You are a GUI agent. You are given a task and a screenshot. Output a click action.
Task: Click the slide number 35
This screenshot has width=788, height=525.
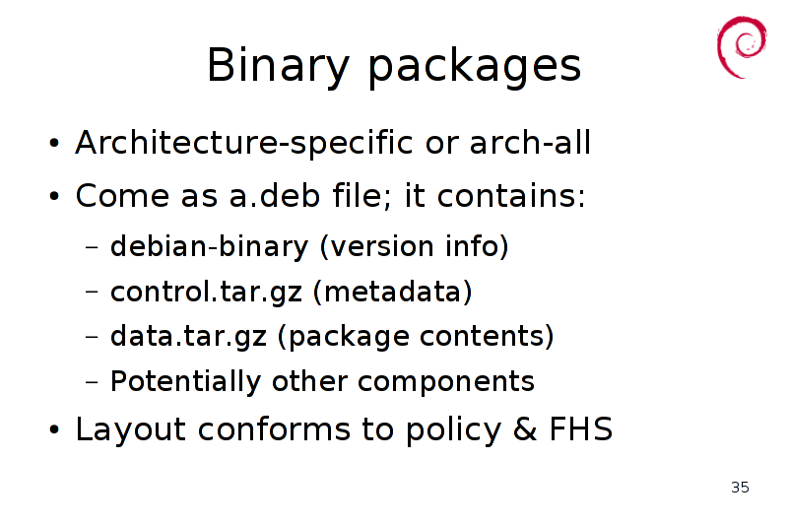pyautogui.click(x=741, y=487)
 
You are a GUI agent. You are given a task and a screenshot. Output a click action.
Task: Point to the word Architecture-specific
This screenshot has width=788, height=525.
pyautogui.click(x=244, y=144)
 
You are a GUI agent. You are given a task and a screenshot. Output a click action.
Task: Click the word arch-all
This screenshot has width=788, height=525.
pyautogui.click(x=530, y=143)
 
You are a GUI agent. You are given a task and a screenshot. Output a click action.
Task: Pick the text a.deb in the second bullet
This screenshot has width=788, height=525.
pyautogui.click(x=275, y=195)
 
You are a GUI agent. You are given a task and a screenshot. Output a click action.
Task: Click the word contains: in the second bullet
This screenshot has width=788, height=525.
pyautogui.click(x=511, y=195)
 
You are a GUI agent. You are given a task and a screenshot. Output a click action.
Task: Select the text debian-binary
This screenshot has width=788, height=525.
pyautogui.click(x=209, y=247)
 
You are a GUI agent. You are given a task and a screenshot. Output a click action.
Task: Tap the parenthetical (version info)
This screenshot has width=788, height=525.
pyautogui.click(x=415, y=246)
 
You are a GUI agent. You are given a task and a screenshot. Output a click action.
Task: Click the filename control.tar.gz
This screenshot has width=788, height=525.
pyautogui.click(x=207, y=293)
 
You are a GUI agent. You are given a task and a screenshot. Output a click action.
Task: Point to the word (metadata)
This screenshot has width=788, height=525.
pyautogui.click(x=392, y=292)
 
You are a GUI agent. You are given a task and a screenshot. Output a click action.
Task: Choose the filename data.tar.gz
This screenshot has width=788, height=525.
pyautogui.click(x=188, y=337)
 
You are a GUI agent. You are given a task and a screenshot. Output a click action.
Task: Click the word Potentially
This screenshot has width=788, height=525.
pyautogui.click(x=185, y=381)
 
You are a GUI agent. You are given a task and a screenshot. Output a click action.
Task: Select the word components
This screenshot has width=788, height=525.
pyautogui.click(x=446, y=382)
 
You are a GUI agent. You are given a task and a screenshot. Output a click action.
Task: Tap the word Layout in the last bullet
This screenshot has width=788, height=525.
pyautogui.click(x=131, y=430)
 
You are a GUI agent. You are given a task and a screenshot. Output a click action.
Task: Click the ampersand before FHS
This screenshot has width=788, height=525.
pyautogui.click(x=526, y=429)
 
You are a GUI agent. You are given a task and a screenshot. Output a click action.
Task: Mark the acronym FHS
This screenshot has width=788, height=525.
pyautogui.click(x=581, y=429)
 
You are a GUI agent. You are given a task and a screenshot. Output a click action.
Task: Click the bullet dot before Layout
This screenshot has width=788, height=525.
pyautogui.click(x=54, y=430)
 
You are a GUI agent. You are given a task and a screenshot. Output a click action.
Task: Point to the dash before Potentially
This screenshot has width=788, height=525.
pyautogui.click(x=92, y=382)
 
